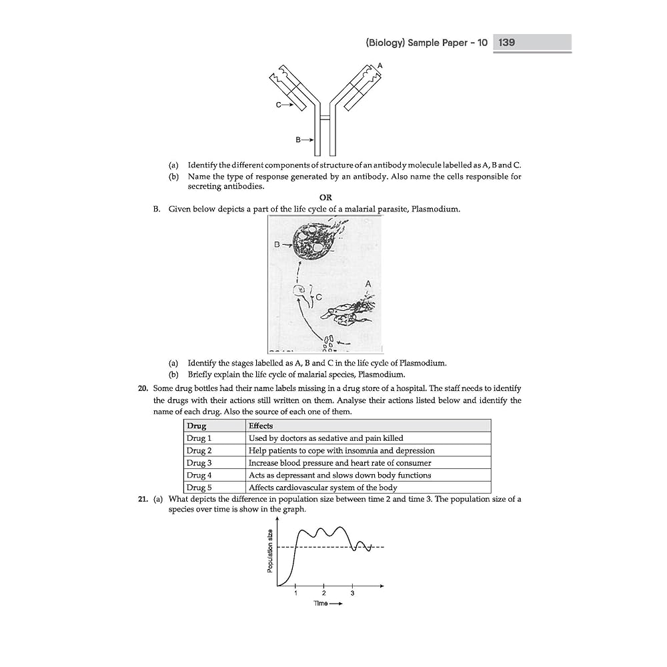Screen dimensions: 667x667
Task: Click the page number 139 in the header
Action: click(x=506, y=43)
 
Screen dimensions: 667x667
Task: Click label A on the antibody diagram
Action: click(x=380, y=65)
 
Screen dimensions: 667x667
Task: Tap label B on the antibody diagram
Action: click(x=298, y=139)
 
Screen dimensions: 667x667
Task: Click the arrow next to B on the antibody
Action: click(x=308, y=139)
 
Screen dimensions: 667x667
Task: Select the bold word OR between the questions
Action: click(x=325, y=197)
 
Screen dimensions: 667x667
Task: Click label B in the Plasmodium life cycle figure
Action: click(x=276, y=245)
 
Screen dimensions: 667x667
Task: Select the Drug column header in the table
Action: click(x=197, y=426)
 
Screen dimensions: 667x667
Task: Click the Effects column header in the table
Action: click(x=261, y=426)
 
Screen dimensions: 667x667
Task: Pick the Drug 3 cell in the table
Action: click(x=199, y=463)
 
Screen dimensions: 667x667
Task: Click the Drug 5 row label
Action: click(x=199, y=488)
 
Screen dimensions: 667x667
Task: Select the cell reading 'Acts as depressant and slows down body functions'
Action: click(x=340, y=475)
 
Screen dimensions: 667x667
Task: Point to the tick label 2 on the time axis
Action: click(x=323, y=593)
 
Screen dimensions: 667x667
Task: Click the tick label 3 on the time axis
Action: click(x=352, y=593)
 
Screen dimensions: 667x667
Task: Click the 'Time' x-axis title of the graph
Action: click(x=323, y=604)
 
